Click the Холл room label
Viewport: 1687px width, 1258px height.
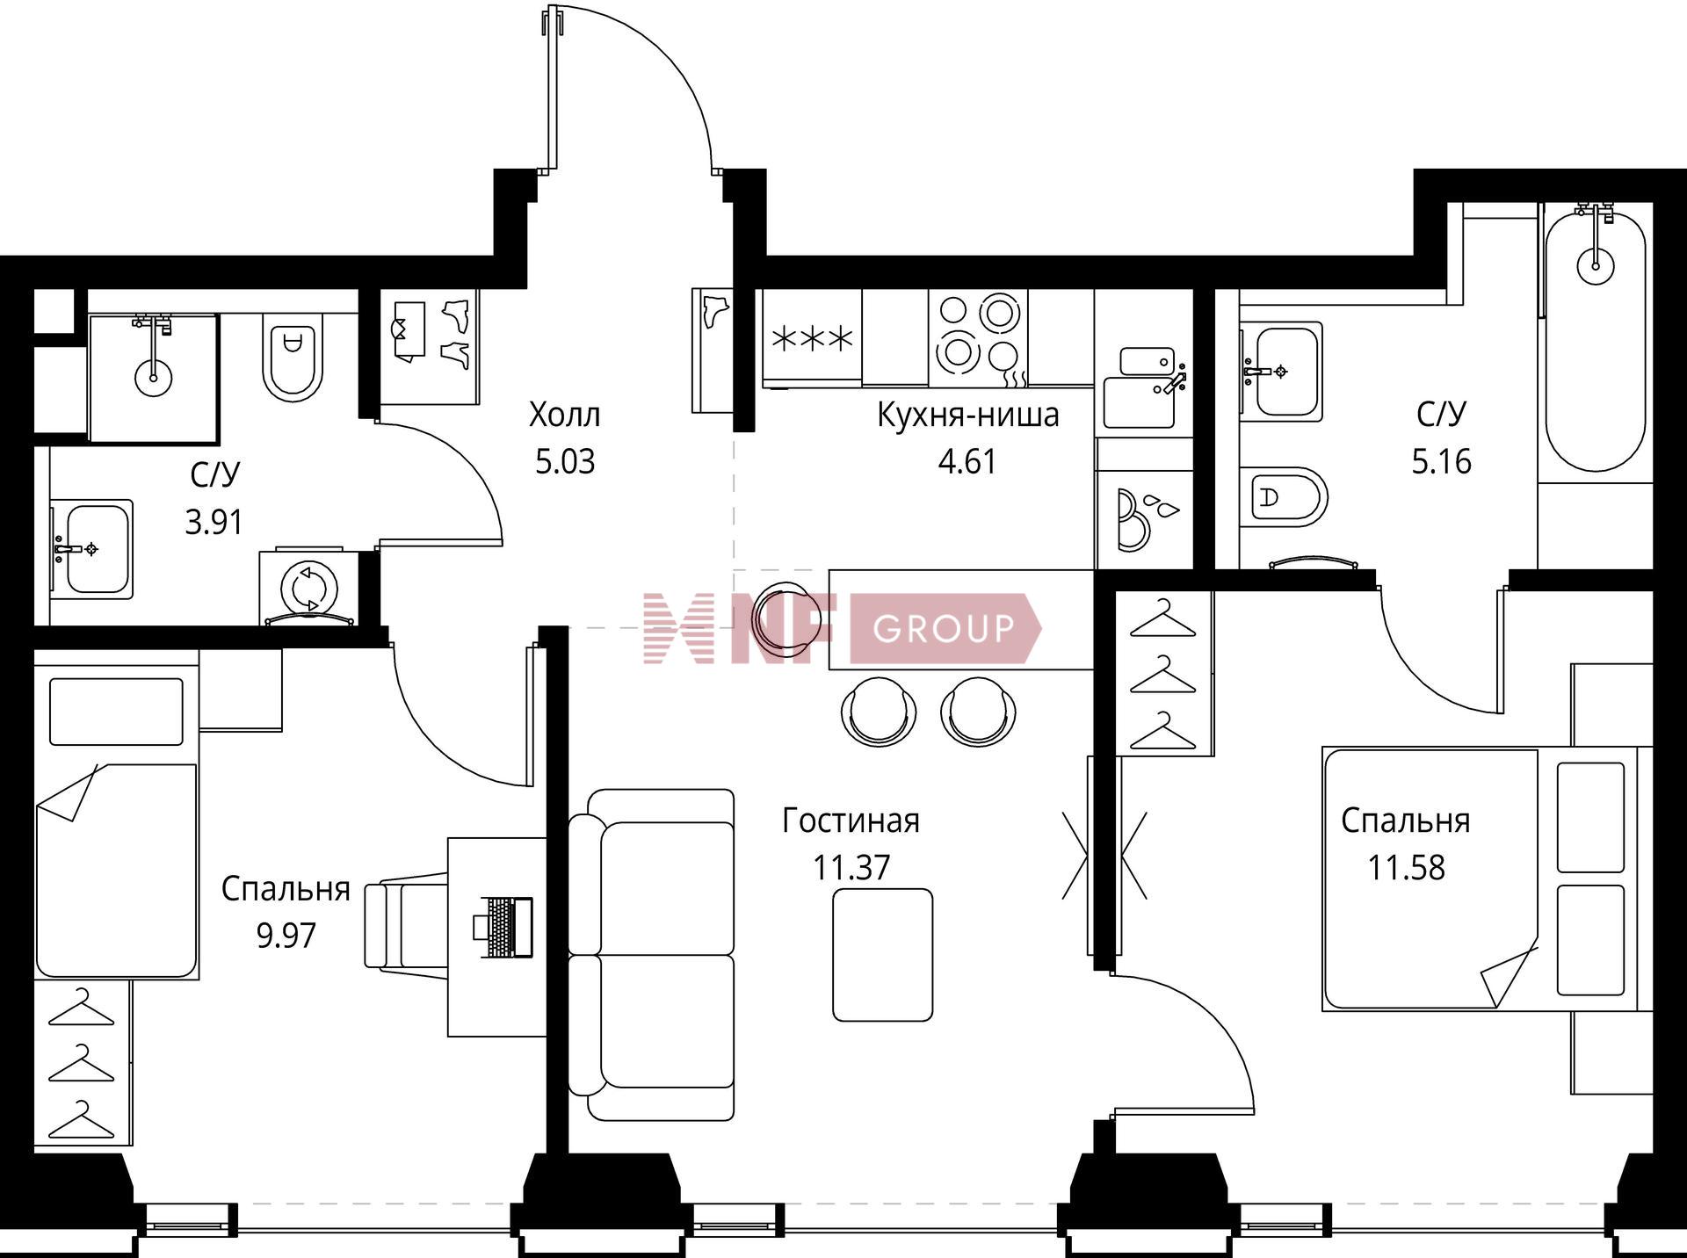click(564, 414)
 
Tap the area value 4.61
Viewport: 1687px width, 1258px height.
click(967, 461)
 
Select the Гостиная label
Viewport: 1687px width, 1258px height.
click(851, 821)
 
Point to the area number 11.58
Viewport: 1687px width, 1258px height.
click(1406, 867)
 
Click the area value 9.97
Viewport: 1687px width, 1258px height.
click(286, 936)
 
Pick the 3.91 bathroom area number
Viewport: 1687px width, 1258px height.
click(214, 523)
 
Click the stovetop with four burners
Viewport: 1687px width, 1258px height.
click(978, 338)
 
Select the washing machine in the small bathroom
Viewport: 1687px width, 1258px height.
click(308, 586)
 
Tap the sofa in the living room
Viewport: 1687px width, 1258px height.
click(651, 955)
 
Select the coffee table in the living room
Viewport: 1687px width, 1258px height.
click(882, 955)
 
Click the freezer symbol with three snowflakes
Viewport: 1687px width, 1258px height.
click(812, 338)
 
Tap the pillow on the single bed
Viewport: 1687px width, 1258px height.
click(116, 712)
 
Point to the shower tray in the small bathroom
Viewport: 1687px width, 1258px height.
click(153, 378)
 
